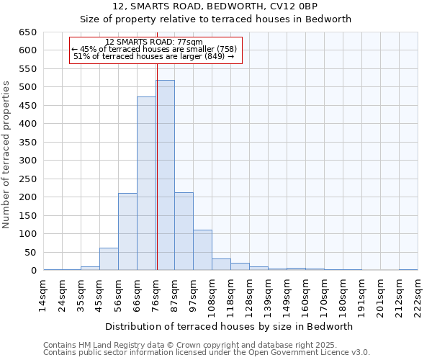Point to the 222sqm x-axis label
tap(418, 295)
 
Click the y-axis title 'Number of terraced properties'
tap(7, 154)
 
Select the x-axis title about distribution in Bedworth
tap(234, 326)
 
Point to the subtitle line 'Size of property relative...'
tap(215, 19)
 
